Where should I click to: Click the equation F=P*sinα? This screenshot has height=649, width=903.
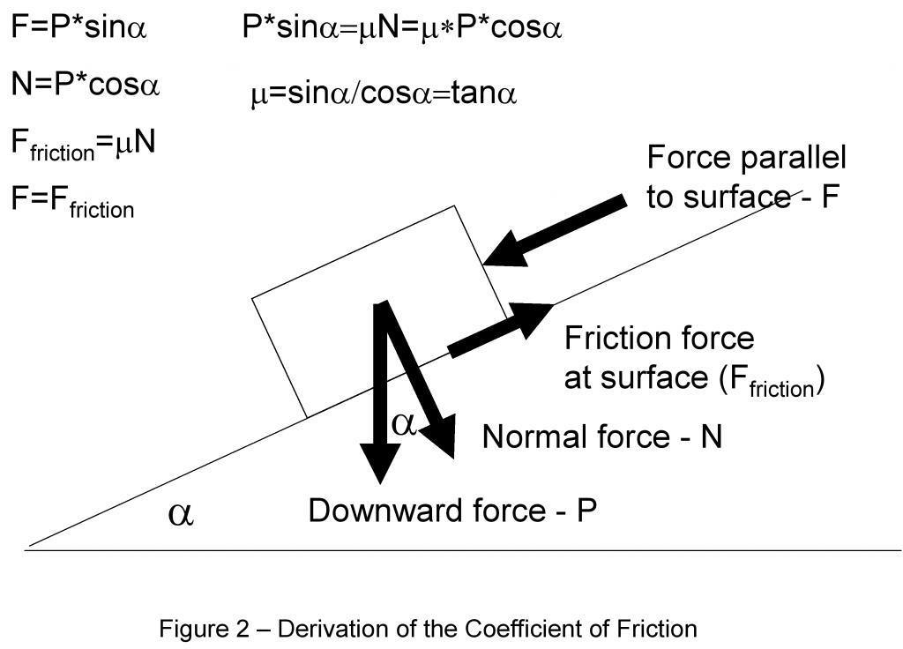pos(78,29)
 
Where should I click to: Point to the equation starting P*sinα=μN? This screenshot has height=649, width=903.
pos(402,29)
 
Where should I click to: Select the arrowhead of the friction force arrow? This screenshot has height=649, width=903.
pos(534,317)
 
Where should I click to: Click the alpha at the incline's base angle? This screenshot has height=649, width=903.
pos(181,513)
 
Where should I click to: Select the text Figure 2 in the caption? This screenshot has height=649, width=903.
pos(192,630)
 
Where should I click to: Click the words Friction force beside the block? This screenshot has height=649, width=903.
pos(659,339)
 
